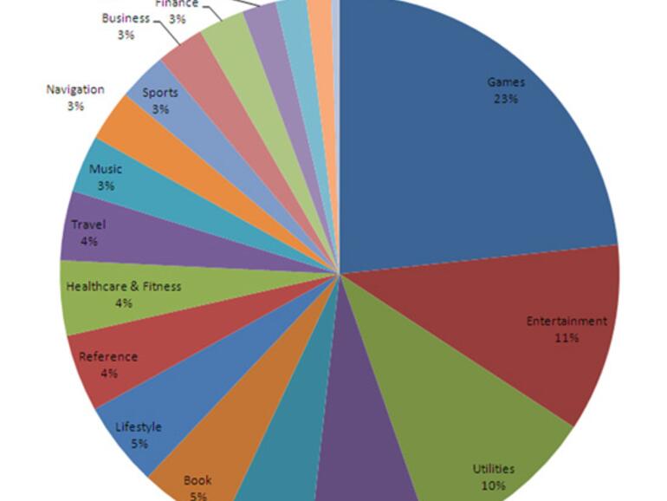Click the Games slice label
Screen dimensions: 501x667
(x=506, y=82)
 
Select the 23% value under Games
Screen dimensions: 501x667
(x=506, y=99)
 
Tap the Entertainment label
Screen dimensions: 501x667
(x=567, y=321)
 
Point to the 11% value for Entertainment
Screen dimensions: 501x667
(x=567, y=337)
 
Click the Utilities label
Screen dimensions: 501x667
(x=493, y=469)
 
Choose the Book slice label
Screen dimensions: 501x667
(x=198, y=479)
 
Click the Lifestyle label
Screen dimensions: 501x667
(x=139, y=426)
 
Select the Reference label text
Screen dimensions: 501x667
(x=108, y=356)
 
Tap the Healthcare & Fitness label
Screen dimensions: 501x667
(x=124, y=286)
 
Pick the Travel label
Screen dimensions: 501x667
(x=88, y=225)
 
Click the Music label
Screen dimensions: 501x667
(x=106, y=169)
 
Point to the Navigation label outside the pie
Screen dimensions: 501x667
(x=75, y=89)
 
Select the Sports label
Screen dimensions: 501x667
(x=160, y=93)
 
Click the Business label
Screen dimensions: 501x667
(x=126, y=18)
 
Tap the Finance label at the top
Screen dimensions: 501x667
(x=177, y=3)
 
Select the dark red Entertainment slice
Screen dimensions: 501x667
(x=502, y=338)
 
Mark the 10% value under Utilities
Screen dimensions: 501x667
(x=493, y=485)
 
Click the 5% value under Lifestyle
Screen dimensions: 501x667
(x=139, y=443)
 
